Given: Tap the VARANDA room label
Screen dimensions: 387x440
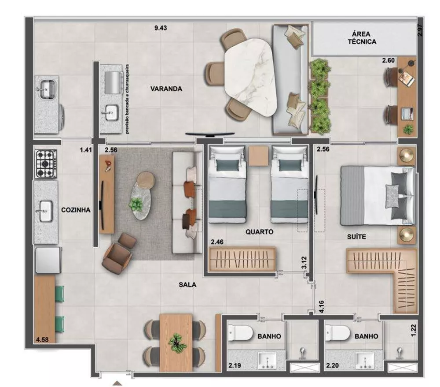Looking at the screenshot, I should (166, 89).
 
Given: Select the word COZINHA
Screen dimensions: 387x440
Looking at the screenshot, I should (76, 210).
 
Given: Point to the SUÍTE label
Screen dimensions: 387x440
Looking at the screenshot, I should (356, 237).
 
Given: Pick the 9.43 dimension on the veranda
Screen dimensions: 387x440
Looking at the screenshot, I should (161, 28).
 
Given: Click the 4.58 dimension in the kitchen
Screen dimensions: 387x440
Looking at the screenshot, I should (43, 340).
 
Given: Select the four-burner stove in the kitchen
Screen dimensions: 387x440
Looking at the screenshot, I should (46, 164).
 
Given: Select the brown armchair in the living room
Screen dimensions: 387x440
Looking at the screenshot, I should (118, 256).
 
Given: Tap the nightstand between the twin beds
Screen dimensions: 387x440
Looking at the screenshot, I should (258, 156).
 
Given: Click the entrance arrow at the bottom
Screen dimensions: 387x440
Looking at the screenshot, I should (117, 383).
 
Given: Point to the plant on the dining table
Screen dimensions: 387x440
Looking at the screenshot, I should (177, 342).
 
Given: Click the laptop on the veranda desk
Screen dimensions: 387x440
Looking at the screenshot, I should (407, 113).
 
